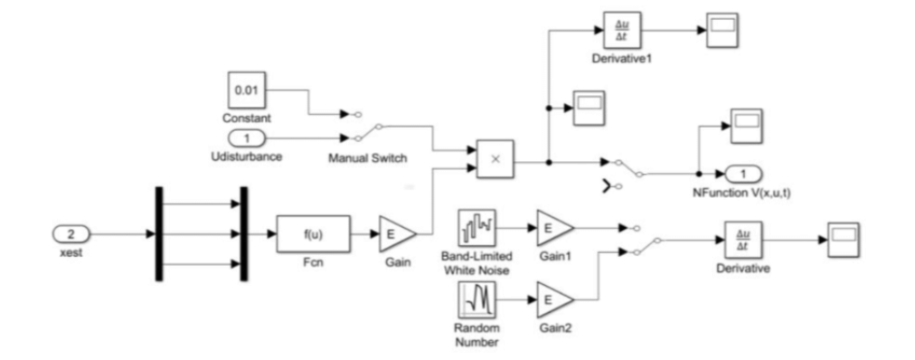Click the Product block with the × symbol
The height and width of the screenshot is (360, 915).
[x=495, y=159]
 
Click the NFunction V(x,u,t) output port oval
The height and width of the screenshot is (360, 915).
[x=742, y=173]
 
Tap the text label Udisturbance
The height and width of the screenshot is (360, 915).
[x=247, y=156]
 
